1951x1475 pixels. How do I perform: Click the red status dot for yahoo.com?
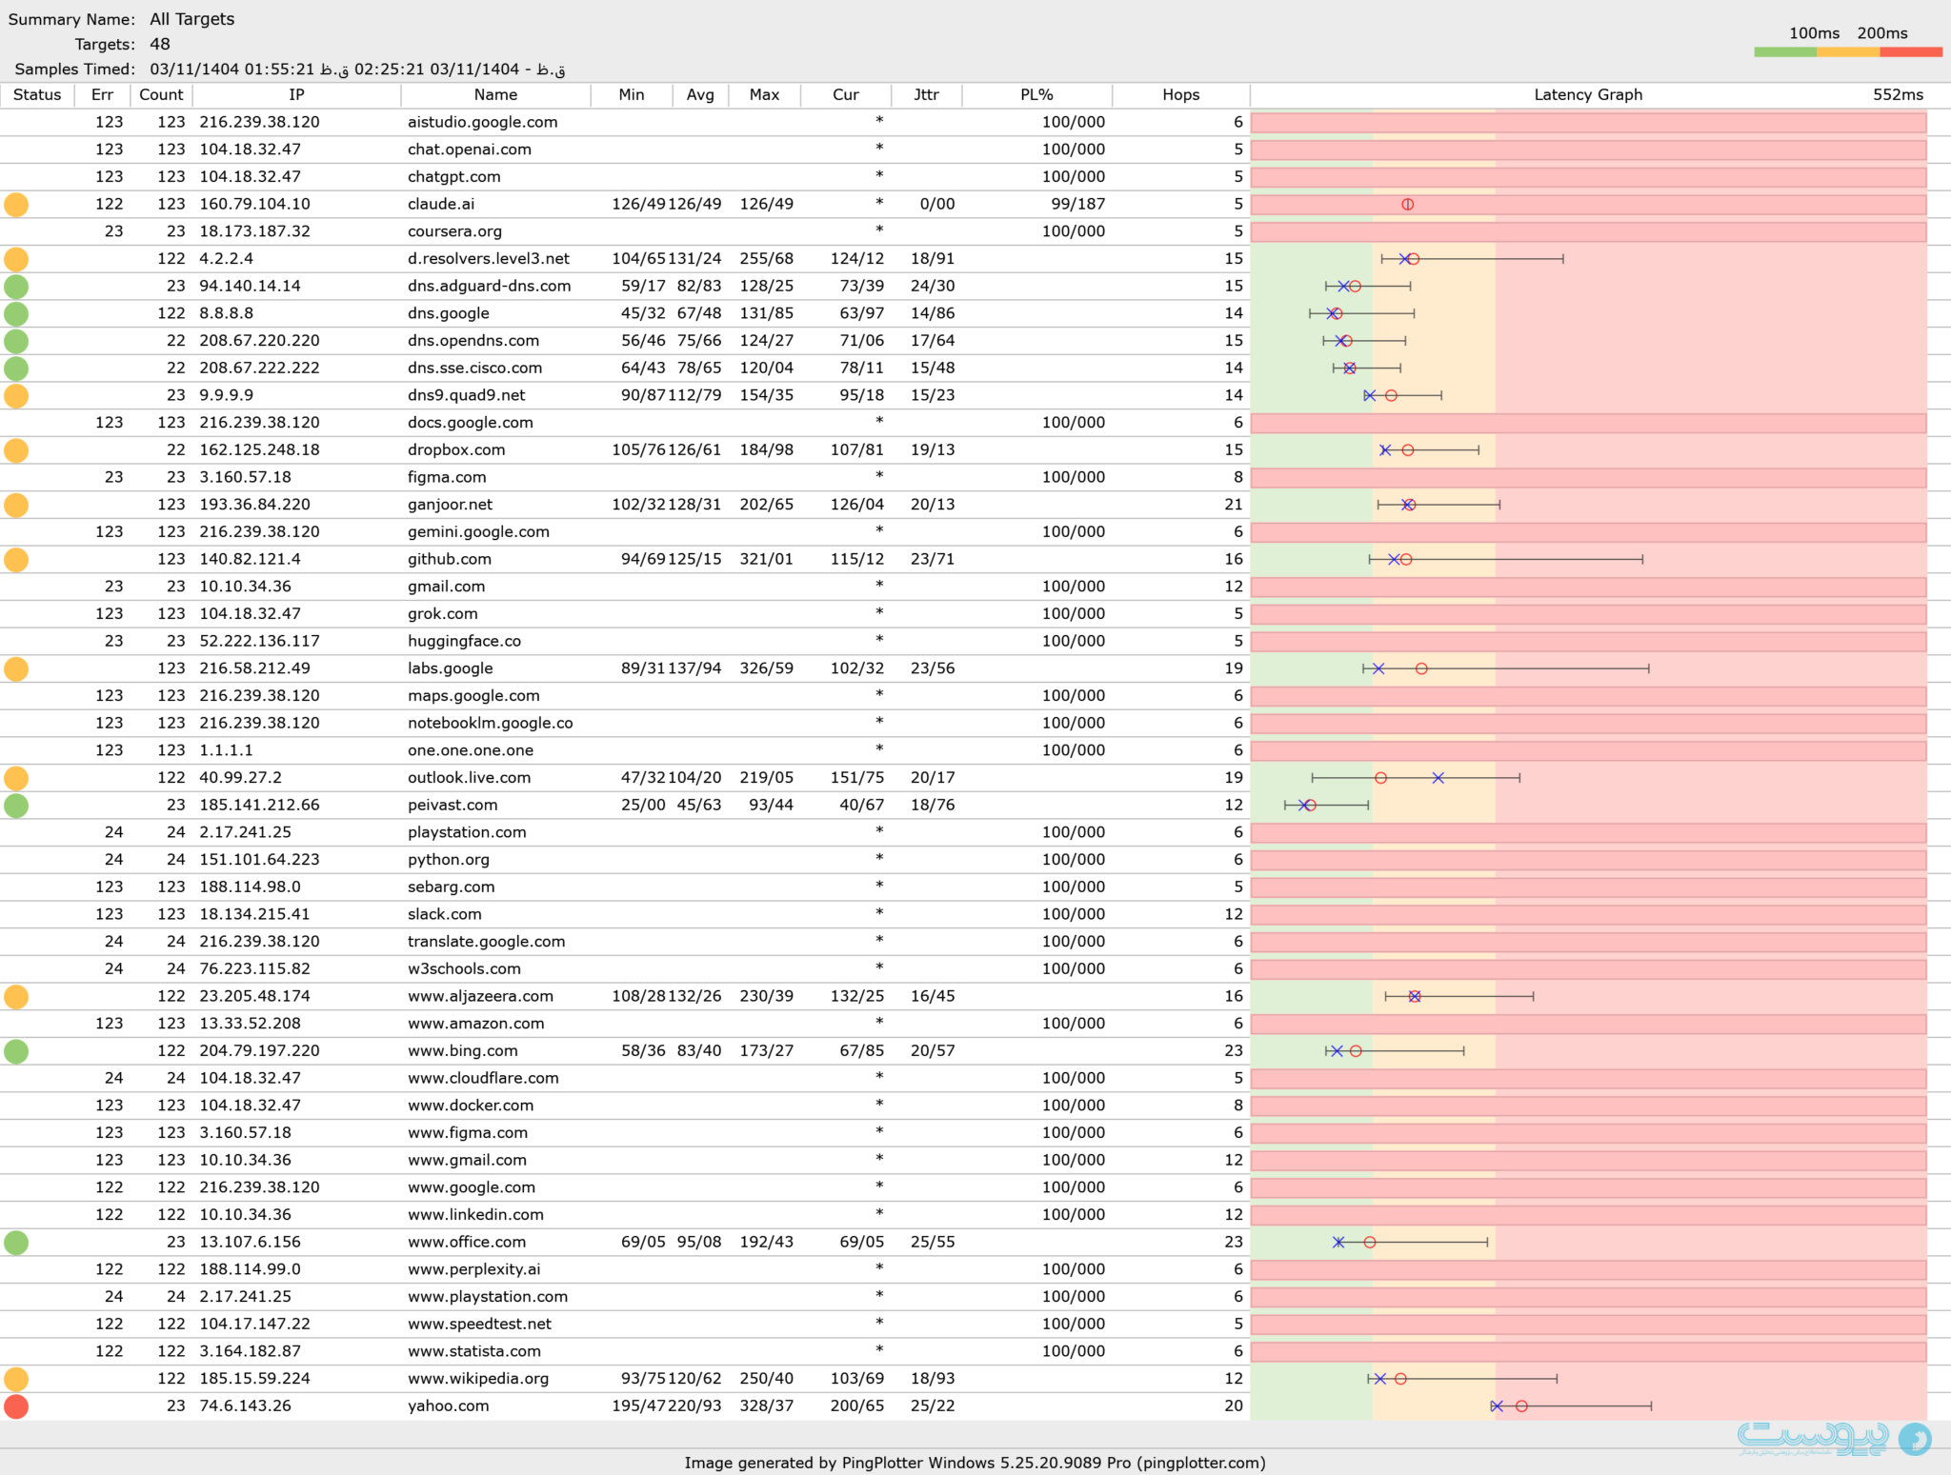coord(16,1406)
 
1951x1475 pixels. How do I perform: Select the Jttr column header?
coord(926,95)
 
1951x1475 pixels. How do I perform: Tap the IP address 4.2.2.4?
coord(226,259)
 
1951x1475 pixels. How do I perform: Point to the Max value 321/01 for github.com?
coord(766,559)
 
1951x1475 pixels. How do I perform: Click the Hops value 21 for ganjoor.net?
coord(1234,505)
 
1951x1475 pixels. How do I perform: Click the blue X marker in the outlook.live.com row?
coord(1438,778)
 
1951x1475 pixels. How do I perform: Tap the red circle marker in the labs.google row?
coord(1421,668)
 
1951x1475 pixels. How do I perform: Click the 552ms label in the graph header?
coord(1898,95)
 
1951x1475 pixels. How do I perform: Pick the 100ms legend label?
coord(1814,33)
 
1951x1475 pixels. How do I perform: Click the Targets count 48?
coord(160,45)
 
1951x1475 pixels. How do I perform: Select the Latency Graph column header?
coord(1588,95)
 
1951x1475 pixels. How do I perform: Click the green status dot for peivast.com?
coord(16,806)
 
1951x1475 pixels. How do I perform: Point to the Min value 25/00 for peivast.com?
coord(643,806)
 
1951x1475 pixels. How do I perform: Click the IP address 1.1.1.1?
coord(226,750)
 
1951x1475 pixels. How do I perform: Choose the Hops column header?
coord(1180,95)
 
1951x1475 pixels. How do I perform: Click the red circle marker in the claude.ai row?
coord(1407,204)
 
